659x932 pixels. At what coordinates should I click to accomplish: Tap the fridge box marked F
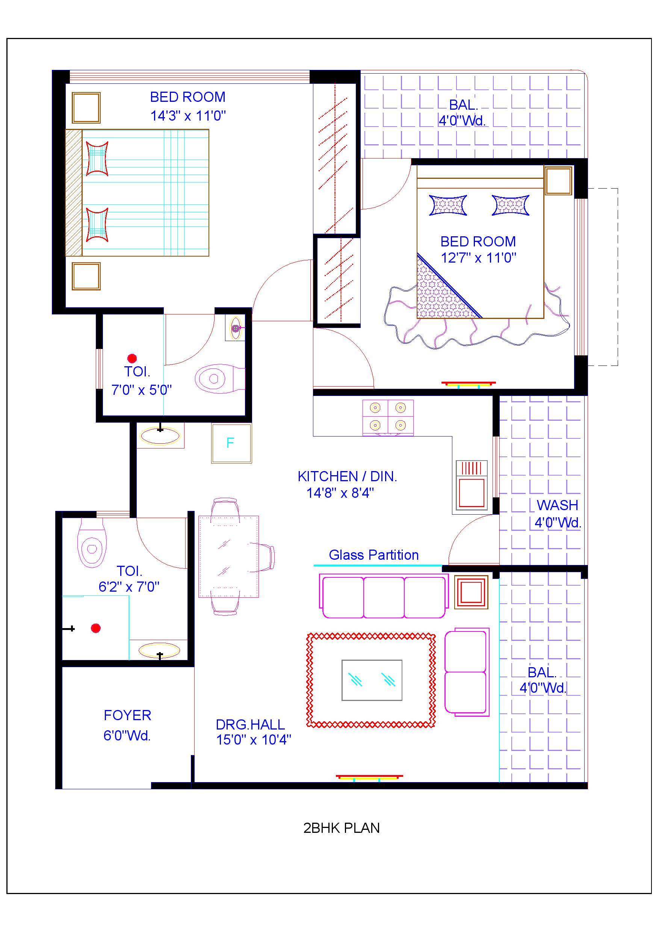(231, 443)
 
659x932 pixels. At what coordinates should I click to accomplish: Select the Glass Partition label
(373, 555)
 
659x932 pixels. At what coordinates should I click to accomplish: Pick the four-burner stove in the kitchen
(388, 417)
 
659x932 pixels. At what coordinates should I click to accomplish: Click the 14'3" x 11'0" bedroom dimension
(188, 116)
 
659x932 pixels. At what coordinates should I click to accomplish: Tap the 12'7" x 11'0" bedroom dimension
(478, 258)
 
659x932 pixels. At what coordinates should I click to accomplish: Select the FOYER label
(127, 715)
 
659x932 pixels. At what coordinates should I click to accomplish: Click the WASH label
(557, 505)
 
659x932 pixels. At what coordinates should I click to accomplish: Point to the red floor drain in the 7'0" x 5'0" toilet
(132, 358)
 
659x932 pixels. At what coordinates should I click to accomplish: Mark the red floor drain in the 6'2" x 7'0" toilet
(96, 628)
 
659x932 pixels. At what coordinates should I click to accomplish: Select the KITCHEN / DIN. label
(347, 477)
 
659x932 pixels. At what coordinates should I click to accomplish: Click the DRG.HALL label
(250, 725)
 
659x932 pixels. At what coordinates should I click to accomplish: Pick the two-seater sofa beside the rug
(466, 672)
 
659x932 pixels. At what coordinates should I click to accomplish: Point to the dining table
(228, 556)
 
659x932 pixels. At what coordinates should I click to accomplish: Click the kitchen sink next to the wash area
(472, 485)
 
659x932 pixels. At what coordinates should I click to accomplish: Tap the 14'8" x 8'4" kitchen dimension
(340, 493)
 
